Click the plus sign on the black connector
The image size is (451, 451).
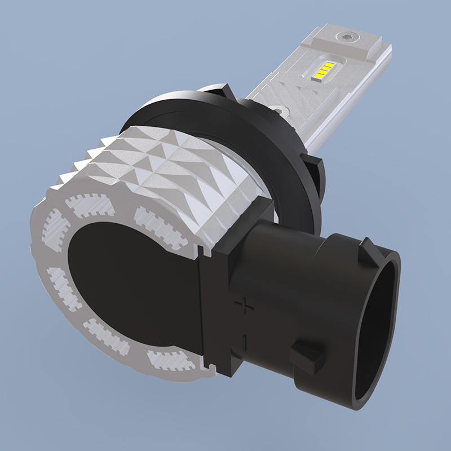(x=244, y=305)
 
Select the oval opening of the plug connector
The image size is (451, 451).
(x=375, y=333)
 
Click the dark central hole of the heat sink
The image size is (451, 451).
(x=135, y=282)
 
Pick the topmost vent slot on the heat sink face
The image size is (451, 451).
(x=87, y=202)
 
